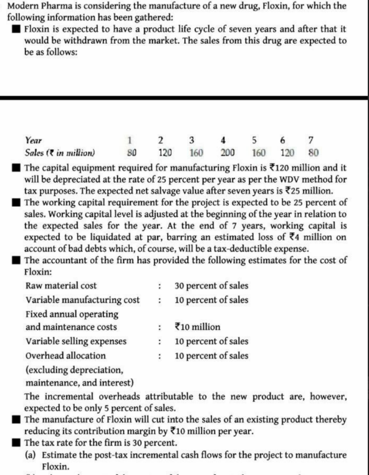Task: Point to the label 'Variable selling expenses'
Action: (x=75, y=341)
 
